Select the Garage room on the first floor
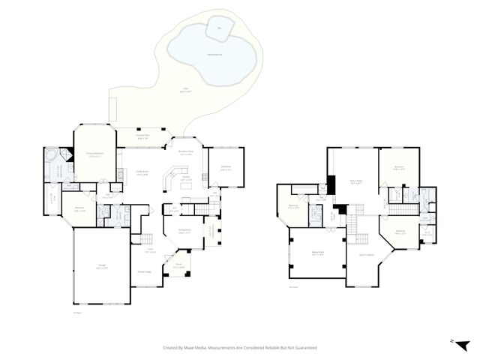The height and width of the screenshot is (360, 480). point(100,265)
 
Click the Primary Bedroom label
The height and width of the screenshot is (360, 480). point(94,154)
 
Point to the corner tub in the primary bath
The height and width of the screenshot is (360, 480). point(52,155)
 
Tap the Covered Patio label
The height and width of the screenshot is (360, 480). point(142,137)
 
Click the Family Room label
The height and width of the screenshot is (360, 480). point(140,174)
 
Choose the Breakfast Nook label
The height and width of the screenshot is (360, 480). point(184,152)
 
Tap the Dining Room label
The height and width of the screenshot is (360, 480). point(184,231)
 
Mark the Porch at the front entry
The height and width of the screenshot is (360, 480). point(178,265)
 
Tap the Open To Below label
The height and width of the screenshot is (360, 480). point(367,254)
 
